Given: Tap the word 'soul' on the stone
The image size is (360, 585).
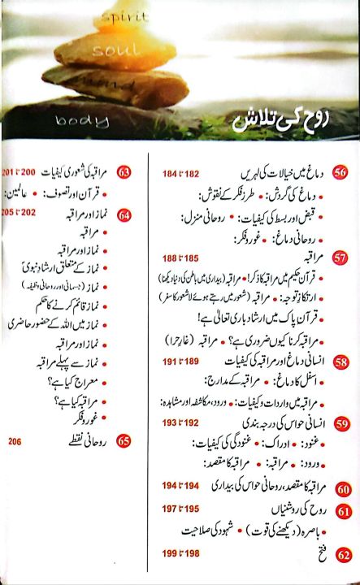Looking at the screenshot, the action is click(x=118, y=50).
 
